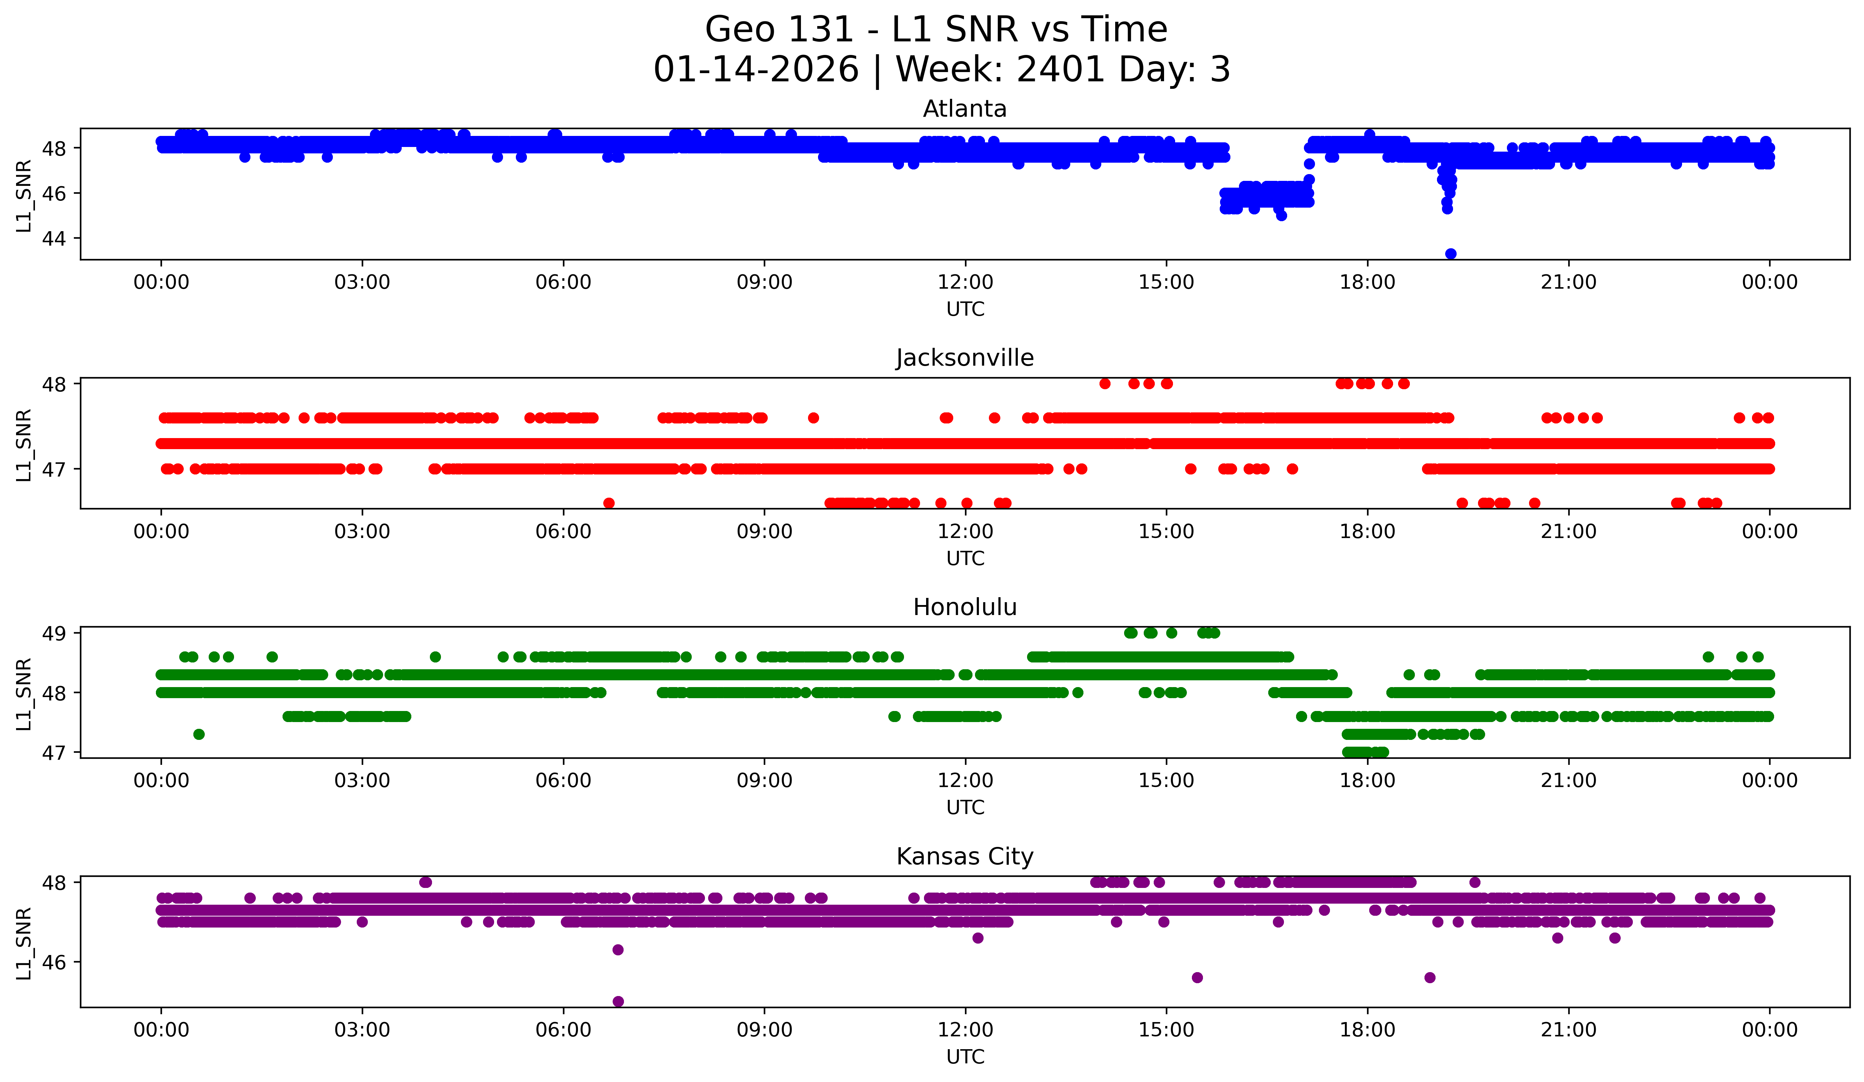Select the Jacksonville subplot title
pos(965,358)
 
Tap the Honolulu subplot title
pos(965,607)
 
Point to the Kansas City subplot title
pos(965,857)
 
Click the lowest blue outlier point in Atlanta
pos(1451,254)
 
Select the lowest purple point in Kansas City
pos(618,1001)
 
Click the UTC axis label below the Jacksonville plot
pos(965,558)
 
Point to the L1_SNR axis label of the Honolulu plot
pos(24,693)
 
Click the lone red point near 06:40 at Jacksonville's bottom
pos(609,503)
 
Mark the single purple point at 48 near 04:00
pos(425,882)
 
